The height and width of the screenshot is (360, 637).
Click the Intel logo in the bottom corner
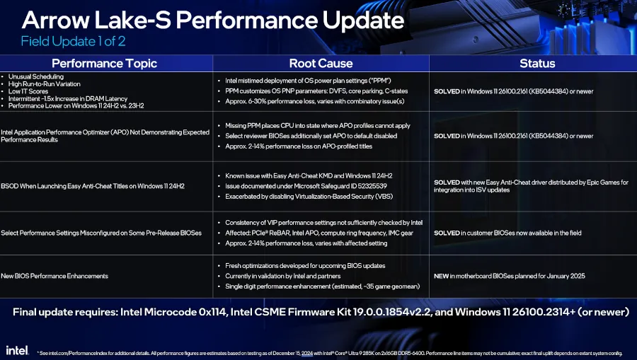[17, 350]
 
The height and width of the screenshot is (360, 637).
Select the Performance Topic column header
[105, 64]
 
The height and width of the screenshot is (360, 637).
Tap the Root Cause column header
[321, 64]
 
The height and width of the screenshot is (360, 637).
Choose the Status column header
[537, 64]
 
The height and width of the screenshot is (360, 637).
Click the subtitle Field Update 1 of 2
[73, 42]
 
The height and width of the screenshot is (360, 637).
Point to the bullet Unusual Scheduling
[36, 76]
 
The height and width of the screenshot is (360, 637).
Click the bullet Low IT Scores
[28, 91]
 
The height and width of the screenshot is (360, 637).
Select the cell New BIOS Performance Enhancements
[54, 276]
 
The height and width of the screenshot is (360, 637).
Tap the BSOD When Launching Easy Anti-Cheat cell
[93, 186]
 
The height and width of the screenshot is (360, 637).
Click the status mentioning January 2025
[510, 276]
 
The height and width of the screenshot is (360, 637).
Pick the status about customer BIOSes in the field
[507, 233]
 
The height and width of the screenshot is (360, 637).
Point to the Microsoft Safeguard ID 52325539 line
[306, 186]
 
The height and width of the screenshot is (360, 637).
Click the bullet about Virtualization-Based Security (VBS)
[309, 197]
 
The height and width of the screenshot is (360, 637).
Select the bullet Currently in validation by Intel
[282, 276]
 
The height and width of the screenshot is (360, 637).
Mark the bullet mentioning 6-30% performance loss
[315, 101]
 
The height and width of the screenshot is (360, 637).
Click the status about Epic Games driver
[531, 186]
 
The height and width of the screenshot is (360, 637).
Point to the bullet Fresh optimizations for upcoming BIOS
[305, 266]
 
